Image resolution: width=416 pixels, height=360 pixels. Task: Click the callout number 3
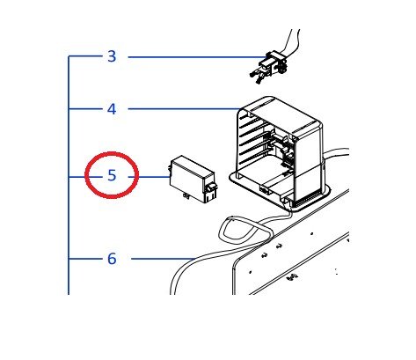(112, 56)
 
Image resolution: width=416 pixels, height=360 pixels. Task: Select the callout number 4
(112, 109)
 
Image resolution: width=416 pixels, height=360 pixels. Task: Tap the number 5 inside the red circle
(112, 175)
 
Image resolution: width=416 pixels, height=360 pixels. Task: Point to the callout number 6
(112, 259)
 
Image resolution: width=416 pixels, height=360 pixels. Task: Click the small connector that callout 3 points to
(268, 68)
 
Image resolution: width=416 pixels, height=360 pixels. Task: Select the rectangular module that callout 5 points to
(192, 179)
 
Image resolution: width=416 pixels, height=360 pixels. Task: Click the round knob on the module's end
(211, 188)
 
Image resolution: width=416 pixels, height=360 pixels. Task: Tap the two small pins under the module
(186, 196)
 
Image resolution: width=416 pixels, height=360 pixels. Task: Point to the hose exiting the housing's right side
(336, 153)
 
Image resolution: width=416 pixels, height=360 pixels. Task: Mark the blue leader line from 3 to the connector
(197, 57)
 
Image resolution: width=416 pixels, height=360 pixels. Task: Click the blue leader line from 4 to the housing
(184, 109)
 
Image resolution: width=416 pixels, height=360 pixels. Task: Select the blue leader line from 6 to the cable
(163, 259)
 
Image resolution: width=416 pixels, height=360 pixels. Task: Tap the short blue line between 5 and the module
(150, 177)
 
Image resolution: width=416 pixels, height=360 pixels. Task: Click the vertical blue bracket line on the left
(69, 175)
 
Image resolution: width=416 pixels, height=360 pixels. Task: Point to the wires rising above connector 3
(291, 41)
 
